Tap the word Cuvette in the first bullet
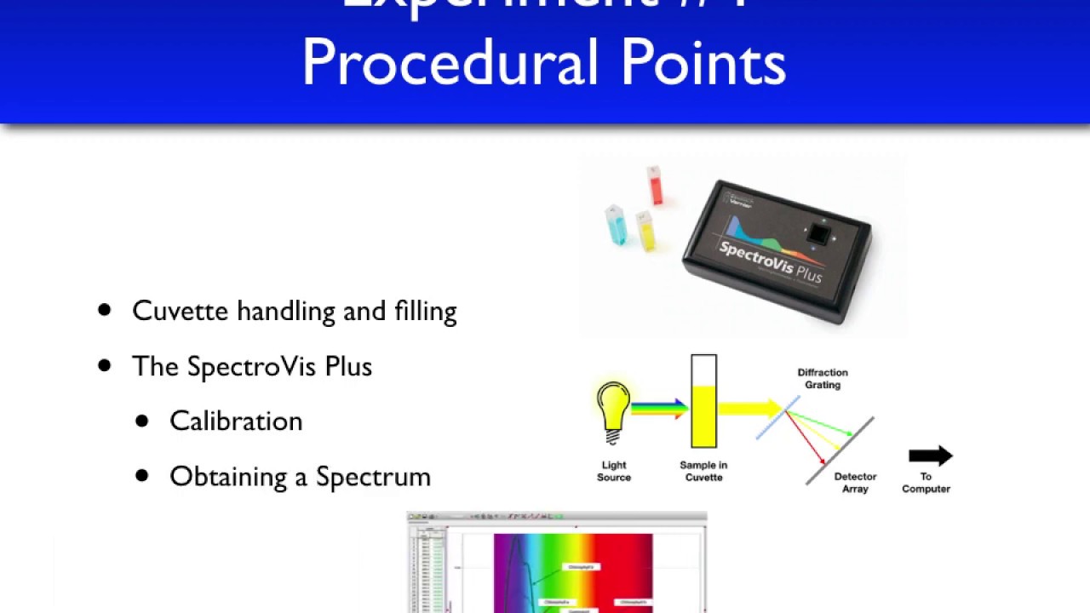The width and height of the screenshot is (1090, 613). pyautogui.click(x=181, y=311)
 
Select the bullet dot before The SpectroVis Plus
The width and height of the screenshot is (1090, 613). pyautogui.click(x=105, y=366)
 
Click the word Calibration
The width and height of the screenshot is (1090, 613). pyautogui.click(x=236, y=421)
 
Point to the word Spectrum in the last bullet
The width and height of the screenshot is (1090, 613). pyautogui.click(x=373, y=477)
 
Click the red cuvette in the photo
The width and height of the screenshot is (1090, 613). pyautogui.click(x=654, y=186)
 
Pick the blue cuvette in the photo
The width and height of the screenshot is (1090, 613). pyautogui.click(x=616, y=226)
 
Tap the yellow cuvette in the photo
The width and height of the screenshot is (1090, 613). pyautogui.click(x=645, y=232)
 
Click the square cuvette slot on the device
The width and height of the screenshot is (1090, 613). pyautogui.click(x=818, y=233)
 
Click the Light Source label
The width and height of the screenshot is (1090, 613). pyautogui.click(x=613, y=471)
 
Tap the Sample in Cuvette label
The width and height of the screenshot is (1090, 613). pyautogui.click(x=703, y=471)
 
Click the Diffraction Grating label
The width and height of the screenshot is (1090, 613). pyautogui.click(x=822, y=379)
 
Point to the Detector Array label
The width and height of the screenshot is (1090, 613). pyautogui.click(x=855, y=483)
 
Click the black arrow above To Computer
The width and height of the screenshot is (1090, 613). pyautogui.click(x=930, y=455)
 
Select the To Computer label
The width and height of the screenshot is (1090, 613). pyautogui.click(x=926, y=483)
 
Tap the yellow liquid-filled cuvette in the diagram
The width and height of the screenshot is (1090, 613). pyautogui.click(x=703, y=415)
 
